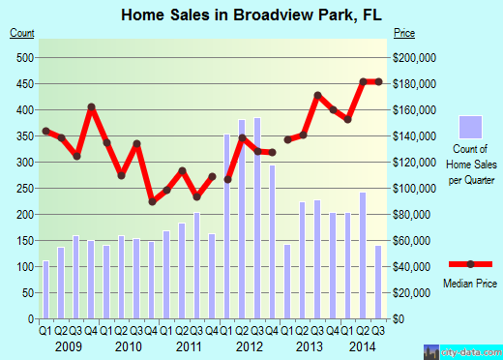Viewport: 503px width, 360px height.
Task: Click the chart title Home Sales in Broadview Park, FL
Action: pyautogui.click(x=249, y=15)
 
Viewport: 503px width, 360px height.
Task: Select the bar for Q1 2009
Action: pyautogui.click(x=45, y=289)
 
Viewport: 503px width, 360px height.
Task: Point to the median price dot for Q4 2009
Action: pyautogui.click(x=92, y=107)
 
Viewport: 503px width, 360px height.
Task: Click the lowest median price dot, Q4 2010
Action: pyautogui.click(x=152, y=201)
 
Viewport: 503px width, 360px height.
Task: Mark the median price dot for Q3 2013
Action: pyautogui.click(x=317, y=95)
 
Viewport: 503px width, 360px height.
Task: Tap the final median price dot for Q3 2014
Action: pyautogui.click(x=378, y=81)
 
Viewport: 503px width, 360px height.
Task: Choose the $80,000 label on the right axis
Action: pyautogui.click(x=413, y=214)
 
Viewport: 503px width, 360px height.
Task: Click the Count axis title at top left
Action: pyautogui.click(x=22, y=34)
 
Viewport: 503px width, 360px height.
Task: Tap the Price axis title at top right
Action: pyautogui.click(x=403, y=34)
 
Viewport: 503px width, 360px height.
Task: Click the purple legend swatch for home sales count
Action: pyautogui.click(x=470, y=127)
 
